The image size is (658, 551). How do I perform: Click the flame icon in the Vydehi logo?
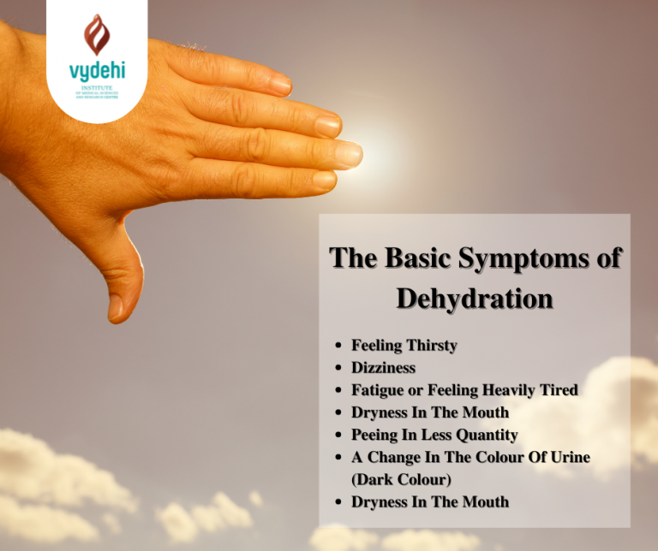(97, 33)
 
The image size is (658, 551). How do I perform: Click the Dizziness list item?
(383, 368)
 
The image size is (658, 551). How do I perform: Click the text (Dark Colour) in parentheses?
(401, 479)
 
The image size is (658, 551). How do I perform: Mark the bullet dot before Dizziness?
(339, 368)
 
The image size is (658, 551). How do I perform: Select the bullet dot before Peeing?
(339, 435)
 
